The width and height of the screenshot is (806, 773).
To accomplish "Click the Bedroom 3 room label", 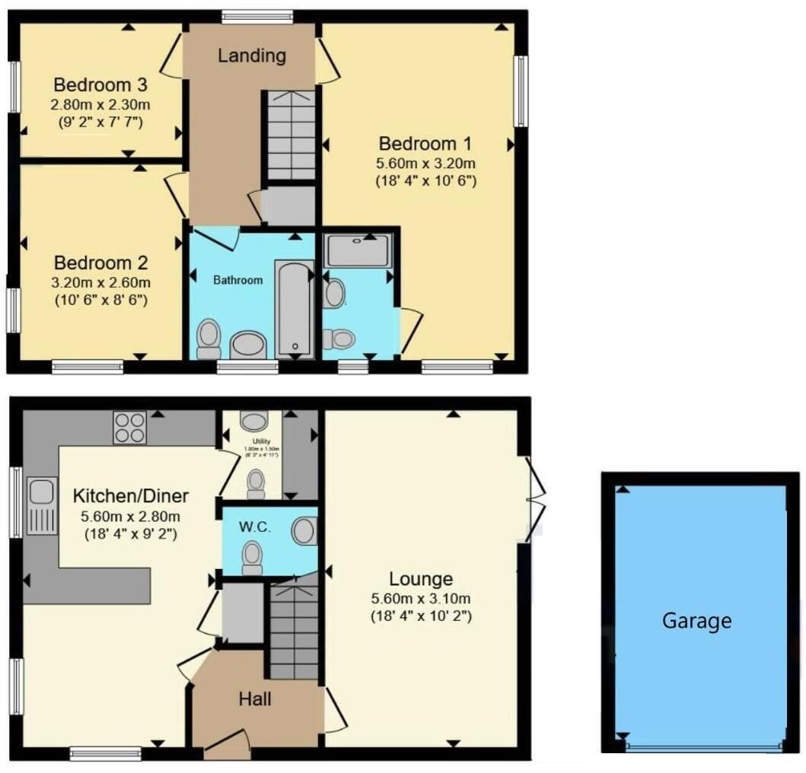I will tap(100, 84).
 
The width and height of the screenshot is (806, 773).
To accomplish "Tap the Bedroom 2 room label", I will tap(101, 263).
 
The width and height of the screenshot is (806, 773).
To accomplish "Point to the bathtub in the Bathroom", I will tap(294, 308).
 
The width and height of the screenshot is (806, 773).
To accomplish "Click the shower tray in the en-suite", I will tap(357, 250).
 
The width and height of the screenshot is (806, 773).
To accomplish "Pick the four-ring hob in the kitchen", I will tap(129, 427).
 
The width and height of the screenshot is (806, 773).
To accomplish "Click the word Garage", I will tap(696, 621).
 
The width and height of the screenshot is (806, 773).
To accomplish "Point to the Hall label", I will tap(256, 698).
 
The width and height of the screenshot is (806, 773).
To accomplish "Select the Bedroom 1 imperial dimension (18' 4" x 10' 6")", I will tap(425, 181).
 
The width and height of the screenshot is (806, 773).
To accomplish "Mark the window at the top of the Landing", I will tap(257, 16).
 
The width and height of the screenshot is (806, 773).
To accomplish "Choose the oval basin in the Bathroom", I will tap(248, 345).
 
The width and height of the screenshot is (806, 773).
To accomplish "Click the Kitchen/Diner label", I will tap(130, 497).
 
